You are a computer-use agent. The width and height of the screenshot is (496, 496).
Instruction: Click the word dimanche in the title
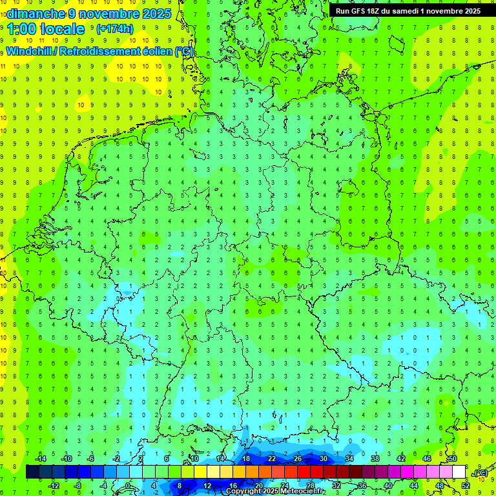coord(36,13)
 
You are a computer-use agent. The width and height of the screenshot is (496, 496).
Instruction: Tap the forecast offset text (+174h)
coord(114,29)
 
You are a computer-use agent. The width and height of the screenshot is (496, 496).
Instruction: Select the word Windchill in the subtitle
coord(29,52)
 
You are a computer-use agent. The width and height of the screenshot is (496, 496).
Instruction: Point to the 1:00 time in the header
coord(20,29)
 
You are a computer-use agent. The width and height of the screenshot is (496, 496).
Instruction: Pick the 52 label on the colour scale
coord(465,486)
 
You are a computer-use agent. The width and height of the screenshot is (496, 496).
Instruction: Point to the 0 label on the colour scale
coord(127,486)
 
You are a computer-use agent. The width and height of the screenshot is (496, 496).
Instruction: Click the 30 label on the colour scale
coord(323,459)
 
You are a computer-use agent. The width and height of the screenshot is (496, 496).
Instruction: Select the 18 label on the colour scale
coord(245,459)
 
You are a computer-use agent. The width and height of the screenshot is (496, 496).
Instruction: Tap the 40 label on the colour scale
coord(387,486)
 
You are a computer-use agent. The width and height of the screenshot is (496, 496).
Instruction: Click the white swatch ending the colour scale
coord(459,472)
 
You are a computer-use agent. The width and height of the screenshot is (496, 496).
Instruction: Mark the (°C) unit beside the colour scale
coord(480,473)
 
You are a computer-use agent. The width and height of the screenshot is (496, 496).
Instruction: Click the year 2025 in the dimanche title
coord(156,13)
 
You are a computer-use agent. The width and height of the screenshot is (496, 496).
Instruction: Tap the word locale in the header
coord(61,29)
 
